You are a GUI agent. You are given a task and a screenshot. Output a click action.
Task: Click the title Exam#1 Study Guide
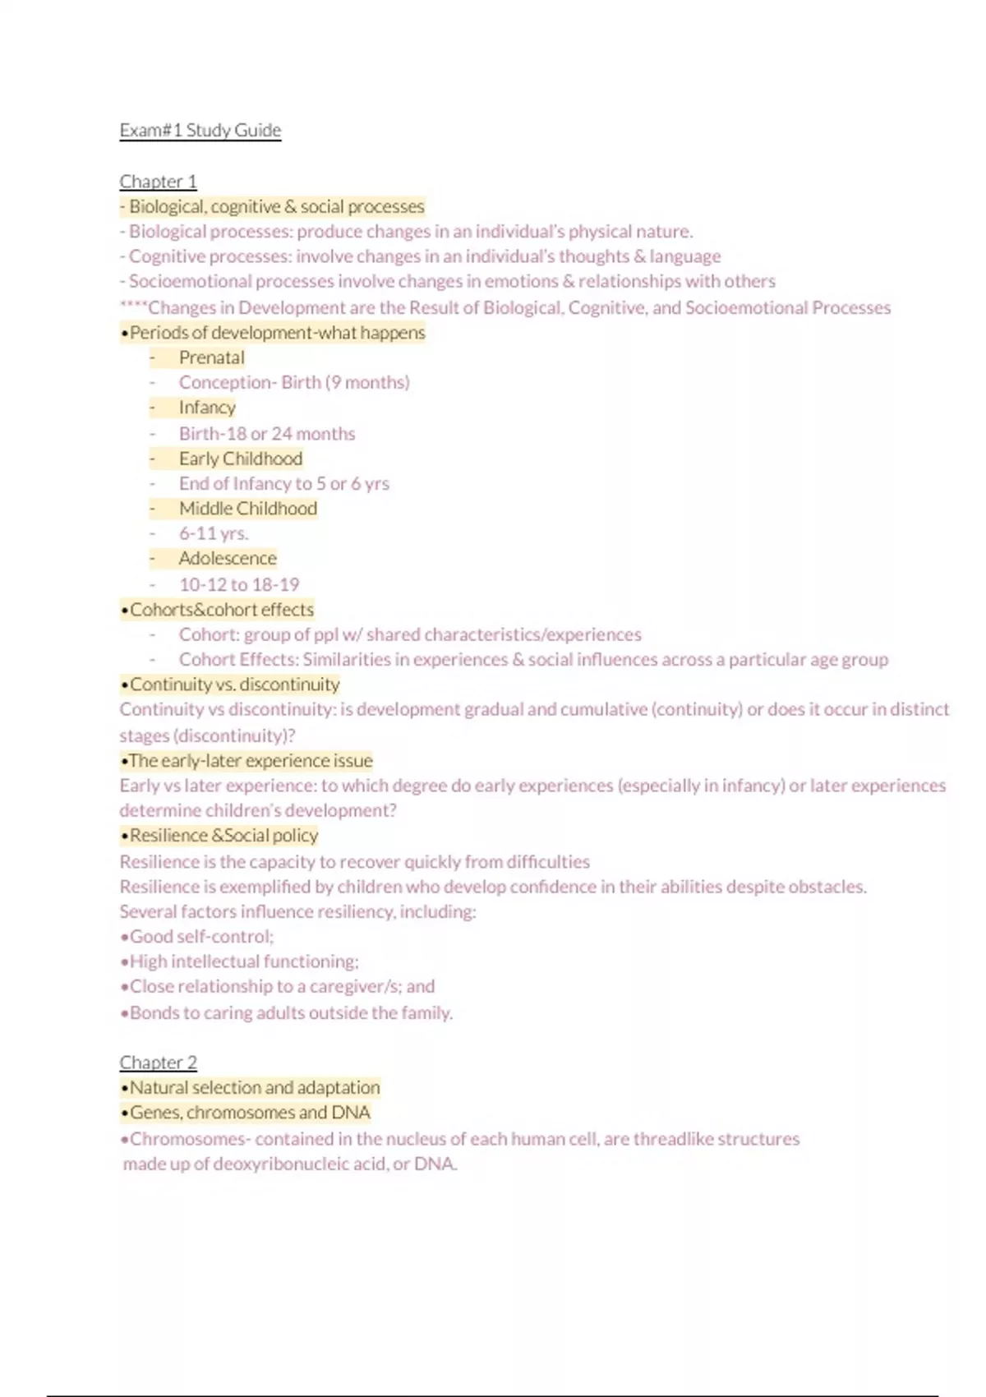[x=200, y=131]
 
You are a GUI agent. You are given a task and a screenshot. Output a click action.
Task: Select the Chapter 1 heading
[x=158, y=181]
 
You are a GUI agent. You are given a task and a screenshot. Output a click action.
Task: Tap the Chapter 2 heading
[x=158, y=1062]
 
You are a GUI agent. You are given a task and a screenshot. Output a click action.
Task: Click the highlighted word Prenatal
[x=211, y=357]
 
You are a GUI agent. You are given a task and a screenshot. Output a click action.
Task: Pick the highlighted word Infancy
[x=207, y=408]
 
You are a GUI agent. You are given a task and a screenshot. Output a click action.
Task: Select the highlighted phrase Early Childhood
[x=240, y=459]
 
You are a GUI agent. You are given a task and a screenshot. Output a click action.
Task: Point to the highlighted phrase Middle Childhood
[x=247, y=509]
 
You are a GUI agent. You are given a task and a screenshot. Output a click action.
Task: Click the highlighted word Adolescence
[x=228, y=559]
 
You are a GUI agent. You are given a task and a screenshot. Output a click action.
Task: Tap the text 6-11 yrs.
[x=214, y=533]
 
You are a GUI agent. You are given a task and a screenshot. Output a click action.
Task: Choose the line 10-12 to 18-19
[x=239, y=584]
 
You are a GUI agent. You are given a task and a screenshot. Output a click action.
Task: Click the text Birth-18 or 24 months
[x=267, y=433]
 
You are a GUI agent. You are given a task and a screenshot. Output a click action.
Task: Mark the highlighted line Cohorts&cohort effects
[x=217, y=610]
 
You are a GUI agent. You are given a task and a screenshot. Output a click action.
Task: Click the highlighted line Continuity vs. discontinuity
[x=230, y=685]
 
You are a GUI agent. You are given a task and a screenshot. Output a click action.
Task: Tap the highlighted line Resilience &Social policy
[x=219, y=836]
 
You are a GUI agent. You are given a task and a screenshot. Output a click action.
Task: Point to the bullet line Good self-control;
[x=197, y=937]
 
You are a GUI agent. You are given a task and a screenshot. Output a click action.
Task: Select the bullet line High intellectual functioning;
[x=239, y=961]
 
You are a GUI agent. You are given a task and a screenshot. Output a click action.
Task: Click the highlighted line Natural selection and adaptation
[x=250, y=1087]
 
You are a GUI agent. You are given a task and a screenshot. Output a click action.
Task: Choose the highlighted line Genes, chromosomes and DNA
[x=245, y=1113]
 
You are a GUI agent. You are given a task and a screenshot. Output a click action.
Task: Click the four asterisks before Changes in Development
[x=133, y=308]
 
